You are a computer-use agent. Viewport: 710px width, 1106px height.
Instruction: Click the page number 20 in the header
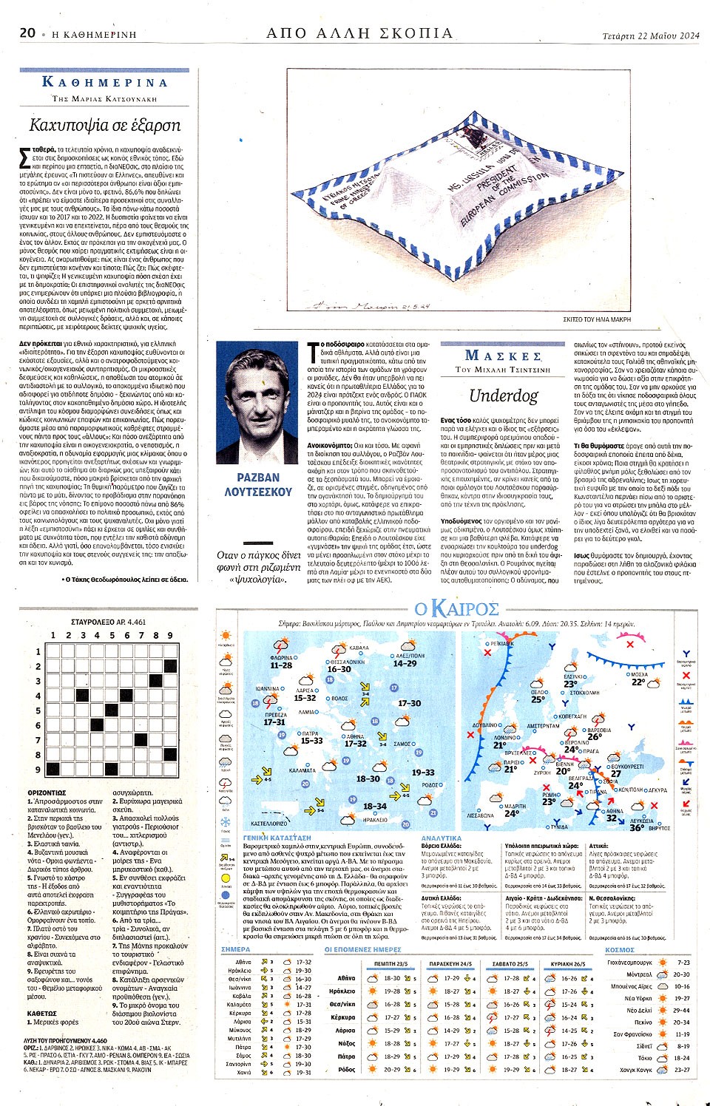click(x=27, y=33)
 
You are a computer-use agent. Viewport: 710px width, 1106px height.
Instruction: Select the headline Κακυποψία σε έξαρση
click(x=104, y=125)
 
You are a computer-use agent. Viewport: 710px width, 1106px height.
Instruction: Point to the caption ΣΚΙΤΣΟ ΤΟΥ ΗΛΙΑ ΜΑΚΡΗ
click(x=596, y=319)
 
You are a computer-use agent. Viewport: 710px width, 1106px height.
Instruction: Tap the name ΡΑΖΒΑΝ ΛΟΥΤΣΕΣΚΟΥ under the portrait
click(x=258, y=484)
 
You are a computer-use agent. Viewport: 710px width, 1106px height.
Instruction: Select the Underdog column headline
click(x=504, y=396)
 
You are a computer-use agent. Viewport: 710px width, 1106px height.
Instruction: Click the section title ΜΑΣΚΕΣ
click(x=503, y=356)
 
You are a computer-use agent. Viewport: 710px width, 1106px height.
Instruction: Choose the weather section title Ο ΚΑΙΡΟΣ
click(x=456, y=608)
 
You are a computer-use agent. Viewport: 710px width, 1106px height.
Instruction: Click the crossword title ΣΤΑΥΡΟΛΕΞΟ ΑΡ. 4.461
click(x=109, y=622)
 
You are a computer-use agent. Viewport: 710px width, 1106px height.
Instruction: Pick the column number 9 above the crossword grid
click(x=169, y=635)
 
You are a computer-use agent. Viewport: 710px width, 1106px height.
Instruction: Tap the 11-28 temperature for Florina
click(x=281, y=665)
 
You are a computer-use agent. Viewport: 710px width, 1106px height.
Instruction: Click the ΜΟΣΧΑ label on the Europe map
click(x=638, y=674)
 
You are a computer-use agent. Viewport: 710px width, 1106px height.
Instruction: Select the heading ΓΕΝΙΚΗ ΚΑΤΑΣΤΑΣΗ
click(x=277, y=838)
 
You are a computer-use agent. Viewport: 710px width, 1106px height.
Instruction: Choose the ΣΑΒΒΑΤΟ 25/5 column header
click(x=510, y=964)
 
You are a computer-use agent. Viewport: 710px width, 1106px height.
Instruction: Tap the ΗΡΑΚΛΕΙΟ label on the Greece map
click(x=375, y=820)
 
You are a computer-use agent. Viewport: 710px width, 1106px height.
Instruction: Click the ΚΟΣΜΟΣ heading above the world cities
click(x=619, y=950)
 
